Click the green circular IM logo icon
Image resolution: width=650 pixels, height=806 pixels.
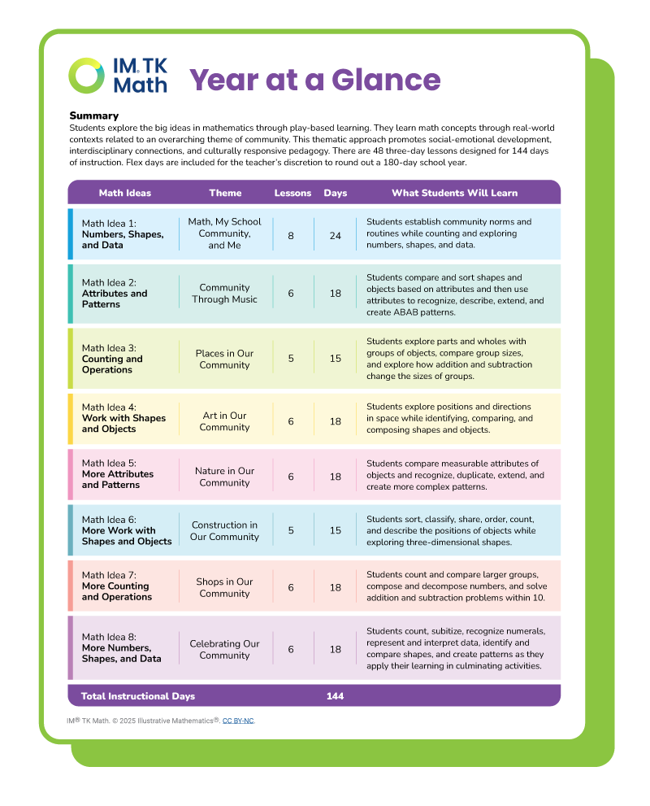pyautogui.click(x=86, y=76)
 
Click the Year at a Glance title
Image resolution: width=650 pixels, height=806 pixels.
pyautogui.click(x=315, y=80)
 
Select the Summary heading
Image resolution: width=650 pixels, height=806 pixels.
pyautogui.click(x=94, y=115)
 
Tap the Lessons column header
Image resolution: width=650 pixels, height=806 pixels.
pyautogui.click(x=292, y=193)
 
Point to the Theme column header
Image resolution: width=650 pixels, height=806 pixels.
pyautogui.click(x=225, y=193)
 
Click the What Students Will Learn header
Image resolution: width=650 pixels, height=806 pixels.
pyautogui.click(x=454, y=193)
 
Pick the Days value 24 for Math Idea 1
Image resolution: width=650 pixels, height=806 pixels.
pyautogui.click(x=336, y=234)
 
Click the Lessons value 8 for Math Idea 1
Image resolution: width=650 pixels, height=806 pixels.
pyautogui.click(x=291, y=234)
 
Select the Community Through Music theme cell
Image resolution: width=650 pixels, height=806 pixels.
pyautogui.click(x=224, y=294)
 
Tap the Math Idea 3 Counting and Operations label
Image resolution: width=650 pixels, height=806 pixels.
pyautogui.click(x=112, y=359)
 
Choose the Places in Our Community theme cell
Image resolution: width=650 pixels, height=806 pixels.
pyautogui.click(x=224, y=359)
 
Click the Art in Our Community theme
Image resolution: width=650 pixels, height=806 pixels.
pyautogui.click(x=224, y=421)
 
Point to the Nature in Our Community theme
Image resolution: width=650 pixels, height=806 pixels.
pyautogui.click(x=224, y=477)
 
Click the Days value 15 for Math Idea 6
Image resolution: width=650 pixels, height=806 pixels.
pyautogui.click(x=336, y=531)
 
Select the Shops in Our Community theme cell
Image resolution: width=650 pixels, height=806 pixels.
pyautogui.click(x=224, y=587)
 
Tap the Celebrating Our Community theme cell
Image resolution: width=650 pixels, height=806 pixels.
pyautogui.click(x=224, y=649)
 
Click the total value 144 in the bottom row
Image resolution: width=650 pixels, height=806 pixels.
pyautogui.click(x=335, y=696)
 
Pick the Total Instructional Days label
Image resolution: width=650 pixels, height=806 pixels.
pyautogui.click(x=138, y=696)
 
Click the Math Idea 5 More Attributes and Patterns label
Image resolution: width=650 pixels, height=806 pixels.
pyautogui.click(x=118, y=474)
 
